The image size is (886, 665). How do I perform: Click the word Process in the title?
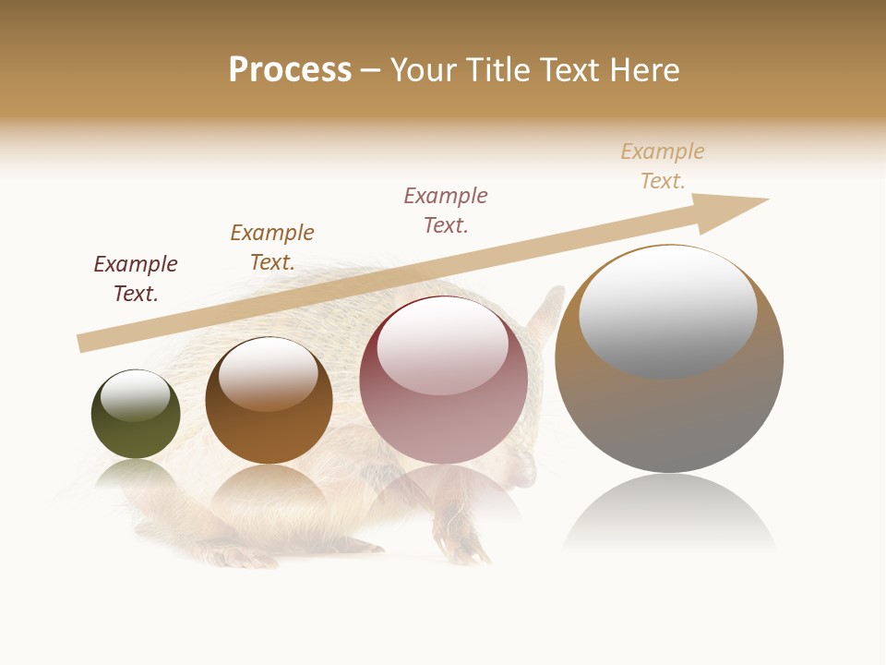(290, 70)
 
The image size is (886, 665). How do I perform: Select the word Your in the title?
(422, 70)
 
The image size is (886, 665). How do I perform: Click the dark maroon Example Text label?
(136, 279)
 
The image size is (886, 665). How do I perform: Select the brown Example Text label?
(272, 248)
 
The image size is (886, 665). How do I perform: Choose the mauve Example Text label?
(446, 211)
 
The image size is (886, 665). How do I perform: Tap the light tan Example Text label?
(663, 166)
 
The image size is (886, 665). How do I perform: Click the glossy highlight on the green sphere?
(136, 394)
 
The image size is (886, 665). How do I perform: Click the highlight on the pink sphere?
(443, 344)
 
